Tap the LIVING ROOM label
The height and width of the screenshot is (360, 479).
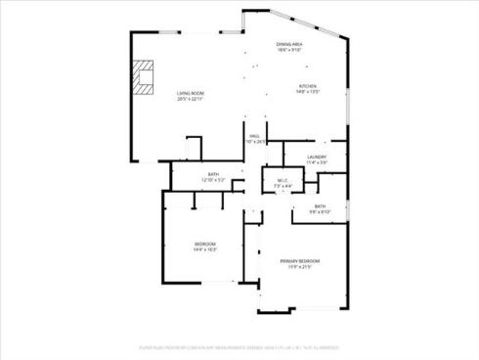coord(191,94)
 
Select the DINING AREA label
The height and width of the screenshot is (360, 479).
coord(289,45)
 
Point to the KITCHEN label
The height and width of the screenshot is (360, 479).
coord(309,86)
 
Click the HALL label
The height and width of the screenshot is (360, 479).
coord(254,136)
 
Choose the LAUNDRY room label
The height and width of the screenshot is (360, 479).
coord(316,157)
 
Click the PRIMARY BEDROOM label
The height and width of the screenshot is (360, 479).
coord(300,261)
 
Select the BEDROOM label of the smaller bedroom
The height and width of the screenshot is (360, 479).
coord(205,244)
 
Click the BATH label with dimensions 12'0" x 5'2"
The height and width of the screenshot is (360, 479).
coord(213,175)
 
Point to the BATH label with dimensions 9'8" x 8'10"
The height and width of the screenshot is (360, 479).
coord(320,205)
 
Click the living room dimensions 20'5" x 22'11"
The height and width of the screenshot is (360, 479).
coord(191,100)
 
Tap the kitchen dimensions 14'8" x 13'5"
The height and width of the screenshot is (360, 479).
coord(309,92)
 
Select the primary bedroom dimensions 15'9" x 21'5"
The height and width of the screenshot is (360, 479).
coord(300,267)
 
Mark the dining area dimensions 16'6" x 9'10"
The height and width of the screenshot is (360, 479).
coord(289,51)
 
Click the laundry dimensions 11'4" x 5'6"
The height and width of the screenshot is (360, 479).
coord(316,162)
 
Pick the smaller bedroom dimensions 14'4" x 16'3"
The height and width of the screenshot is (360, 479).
coord(205,249)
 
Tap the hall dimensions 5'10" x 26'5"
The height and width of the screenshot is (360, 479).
coord(254,142)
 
